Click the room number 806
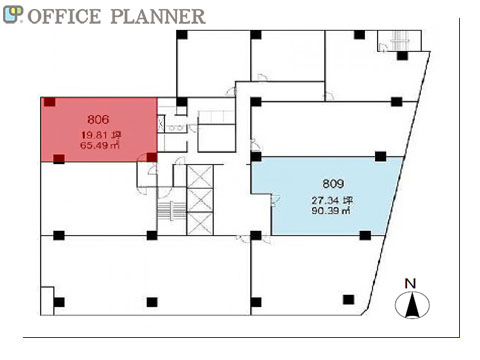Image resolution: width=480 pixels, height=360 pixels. [98, 119]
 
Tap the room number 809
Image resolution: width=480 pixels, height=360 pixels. [333, 183]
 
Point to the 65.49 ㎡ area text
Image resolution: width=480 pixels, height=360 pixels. [100, 145]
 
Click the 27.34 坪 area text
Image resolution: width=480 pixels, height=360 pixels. [332, 200]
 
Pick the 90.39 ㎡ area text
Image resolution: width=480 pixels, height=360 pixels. [331, 210]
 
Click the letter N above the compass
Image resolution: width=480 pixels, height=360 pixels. [410, 284]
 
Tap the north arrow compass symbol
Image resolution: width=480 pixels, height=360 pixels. [412, 305]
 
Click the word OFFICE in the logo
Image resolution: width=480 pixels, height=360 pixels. [64, 16]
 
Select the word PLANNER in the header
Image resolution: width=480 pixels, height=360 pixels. [158, 16]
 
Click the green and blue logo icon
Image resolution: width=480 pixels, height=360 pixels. [13, 15]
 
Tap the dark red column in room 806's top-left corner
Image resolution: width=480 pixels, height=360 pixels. [50, 102]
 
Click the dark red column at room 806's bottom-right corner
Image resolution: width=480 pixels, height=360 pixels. [152, 157]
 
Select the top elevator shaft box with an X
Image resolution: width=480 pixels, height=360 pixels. [200, 176]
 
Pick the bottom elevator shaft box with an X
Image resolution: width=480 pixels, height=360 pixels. [200, 223]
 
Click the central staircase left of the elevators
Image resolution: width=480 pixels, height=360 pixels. [171, 211]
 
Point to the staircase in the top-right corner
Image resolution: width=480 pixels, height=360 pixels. [399, 41]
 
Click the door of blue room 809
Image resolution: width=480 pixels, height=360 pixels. [275, 199]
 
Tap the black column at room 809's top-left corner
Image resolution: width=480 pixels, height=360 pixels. [256, 156]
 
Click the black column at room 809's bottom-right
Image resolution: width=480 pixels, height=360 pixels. [365, 235]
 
